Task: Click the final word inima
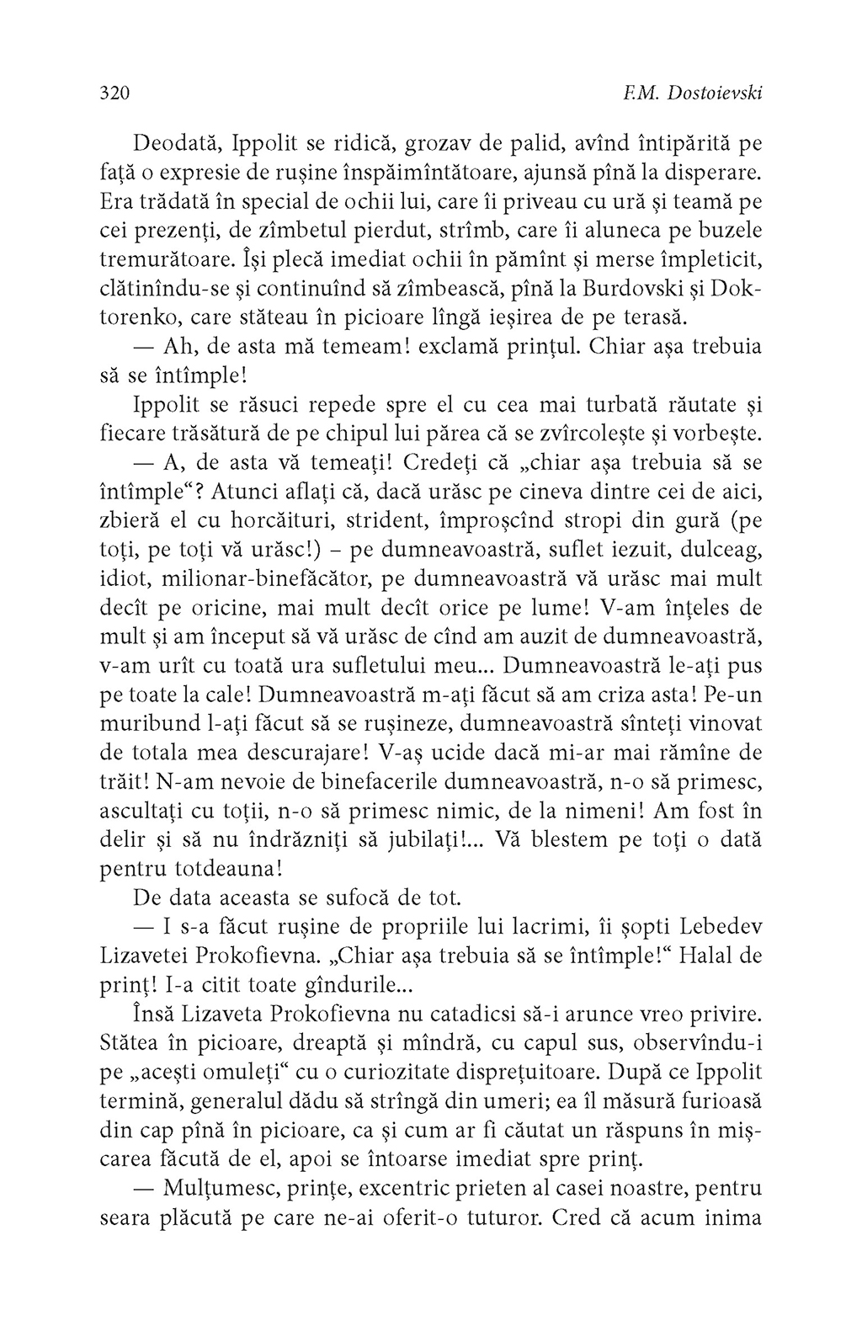point(734,1218)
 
